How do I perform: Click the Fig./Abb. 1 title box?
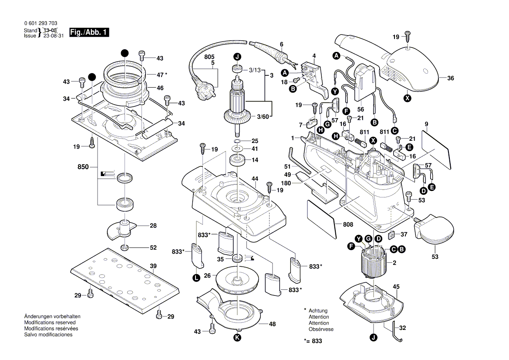pos(89,33)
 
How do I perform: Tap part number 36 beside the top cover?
pos(450,78)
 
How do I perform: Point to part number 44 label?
pos(255,179)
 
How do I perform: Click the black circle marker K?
pos(237,338)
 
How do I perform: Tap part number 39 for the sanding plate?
pos(153,266)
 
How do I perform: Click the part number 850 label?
pos(83,167)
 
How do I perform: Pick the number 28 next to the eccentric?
pos(153,226)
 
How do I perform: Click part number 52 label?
pos(153,248)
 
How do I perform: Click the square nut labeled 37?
pos(391,234)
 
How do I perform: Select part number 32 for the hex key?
pos(402,328)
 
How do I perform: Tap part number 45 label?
pos(396,286)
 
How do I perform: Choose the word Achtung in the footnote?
pos(318,311)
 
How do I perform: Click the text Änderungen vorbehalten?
pos(52,316)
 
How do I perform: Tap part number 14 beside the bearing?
pos(255,160)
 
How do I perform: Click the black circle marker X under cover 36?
pos(408,98)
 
